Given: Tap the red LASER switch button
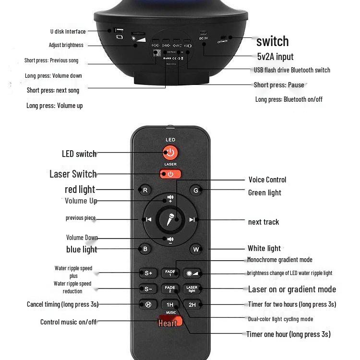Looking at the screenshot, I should (170, 174).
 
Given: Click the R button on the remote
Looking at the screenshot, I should (145, 190).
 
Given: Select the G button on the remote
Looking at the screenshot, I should (195, 190).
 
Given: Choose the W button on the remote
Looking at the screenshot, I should (195, 249).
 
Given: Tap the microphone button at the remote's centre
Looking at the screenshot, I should (170, 220).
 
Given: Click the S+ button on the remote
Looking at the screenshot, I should (148, 273).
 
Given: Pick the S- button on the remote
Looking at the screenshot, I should (148, 289).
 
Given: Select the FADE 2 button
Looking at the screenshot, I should (170, 289).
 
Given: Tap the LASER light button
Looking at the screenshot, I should (192, 289).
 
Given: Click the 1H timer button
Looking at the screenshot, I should (170, 305).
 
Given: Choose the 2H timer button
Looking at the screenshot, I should (192, 305).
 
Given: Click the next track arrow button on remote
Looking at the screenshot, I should (192, 220).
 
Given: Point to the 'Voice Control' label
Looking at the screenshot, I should (267, 180).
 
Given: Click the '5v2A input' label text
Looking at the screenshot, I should (275, 57).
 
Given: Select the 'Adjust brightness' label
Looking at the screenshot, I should (66, 45).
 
